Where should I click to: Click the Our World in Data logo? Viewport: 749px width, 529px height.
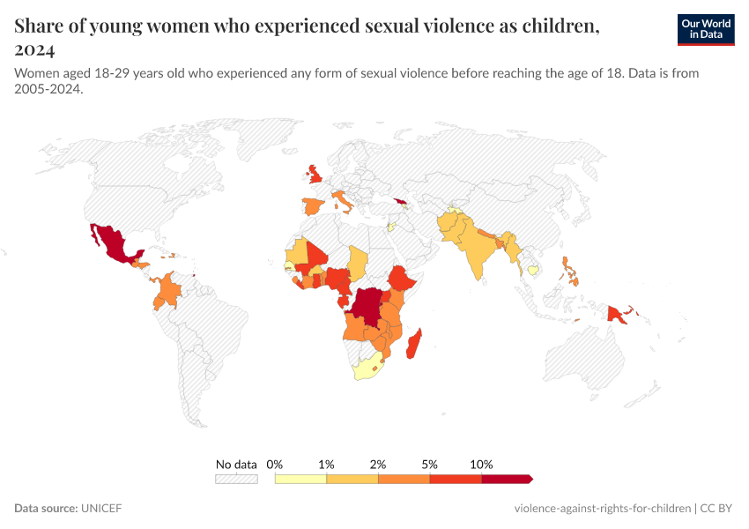pos(705,29)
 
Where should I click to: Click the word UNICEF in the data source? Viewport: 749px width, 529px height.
pos(101,509)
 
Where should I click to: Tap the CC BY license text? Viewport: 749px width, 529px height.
pos(716,509)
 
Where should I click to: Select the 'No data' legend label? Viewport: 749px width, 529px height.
pos(236,464)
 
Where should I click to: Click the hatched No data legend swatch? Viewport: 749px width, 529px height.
pos(236,479)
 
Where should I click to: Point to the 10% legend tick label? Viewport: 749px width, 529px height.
pos(481,464)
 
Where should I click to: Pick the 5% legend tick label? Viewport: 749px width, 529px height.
pos(430,464)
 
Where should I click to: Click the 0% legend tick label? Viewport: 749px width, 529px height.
pos(275,464)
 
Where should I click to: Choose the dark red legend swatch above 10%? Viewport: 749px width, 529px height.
pos(507,479)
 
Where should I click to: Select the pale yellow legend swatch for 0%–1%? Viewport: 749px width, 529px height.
pos(300,479)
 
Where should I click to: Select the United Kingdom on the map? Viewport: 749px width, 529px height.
pos(315,175)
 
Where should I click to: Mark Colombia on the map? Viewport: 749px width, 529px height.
pos(168,291)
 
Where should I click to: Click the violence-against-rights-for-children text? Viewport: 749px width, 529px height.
pos(602,509)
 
